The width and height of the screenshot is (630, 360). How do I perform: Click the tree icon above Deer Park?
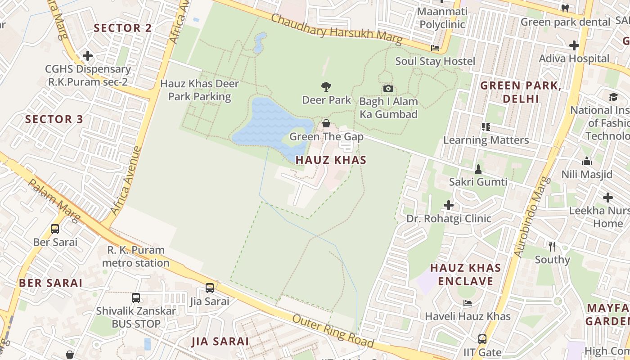pyautogui.click(x=326, y=86)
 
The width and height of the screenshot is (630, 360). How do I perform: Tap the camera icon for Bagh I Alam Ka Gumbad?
pyautogui.click(x=388, y=88)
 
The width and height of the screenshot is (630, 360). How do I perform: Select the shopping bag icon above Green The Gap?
pyautogui.click(x=326, y=123)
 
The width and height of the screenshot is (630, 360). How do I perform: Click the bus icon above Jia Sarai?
pyautogui.click(x=210, y=288)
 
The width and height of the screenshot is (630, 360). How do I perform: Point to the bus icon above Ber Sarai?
pyautogui.click(x=55, y=229)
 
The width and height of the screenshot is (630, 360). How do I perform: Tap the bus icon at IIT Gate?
pyautogui.click(x=482, y=339)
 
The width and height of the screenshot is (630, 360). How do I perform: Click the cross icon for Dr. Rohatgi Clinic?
pyautogui.click(x=449, y=205)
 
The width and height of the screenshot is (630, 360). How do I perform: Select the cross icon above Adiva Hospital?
pyautogui.click(x=574, y=45)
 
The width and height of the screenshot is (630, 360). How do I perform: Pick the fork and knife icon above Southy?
pyautogui.click(x=552, y=246)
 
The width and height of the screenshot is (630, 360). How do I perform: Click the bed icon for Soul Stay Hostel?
pyautogui.click(x=435, y=48)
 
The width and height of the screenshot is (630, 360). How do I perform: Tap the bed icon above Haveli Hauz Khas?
pyautogui.click(x=468, y=303)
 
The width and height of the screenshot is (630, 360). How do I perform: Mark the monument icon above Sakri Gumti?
pyautogui.click(x=478, y=169)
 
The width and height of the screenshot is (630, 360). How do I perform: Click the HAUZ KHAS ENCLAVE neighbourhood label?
pyautogui.click(x=465, y=274)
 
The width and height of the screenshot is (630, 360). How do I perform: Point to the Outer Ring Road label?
pyautogui.click(x=333, y=332)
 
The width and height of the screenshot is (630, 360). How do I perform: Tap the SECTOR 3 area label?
pyautogui.click(x=54, y=119)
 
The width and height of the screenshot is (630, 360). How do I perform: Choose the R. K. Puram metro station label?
pyautogui.click(x=136, y=256)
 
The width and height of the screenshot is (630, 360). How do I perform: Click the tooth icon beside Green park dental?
pyautogui.click(x=565, y=8)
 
